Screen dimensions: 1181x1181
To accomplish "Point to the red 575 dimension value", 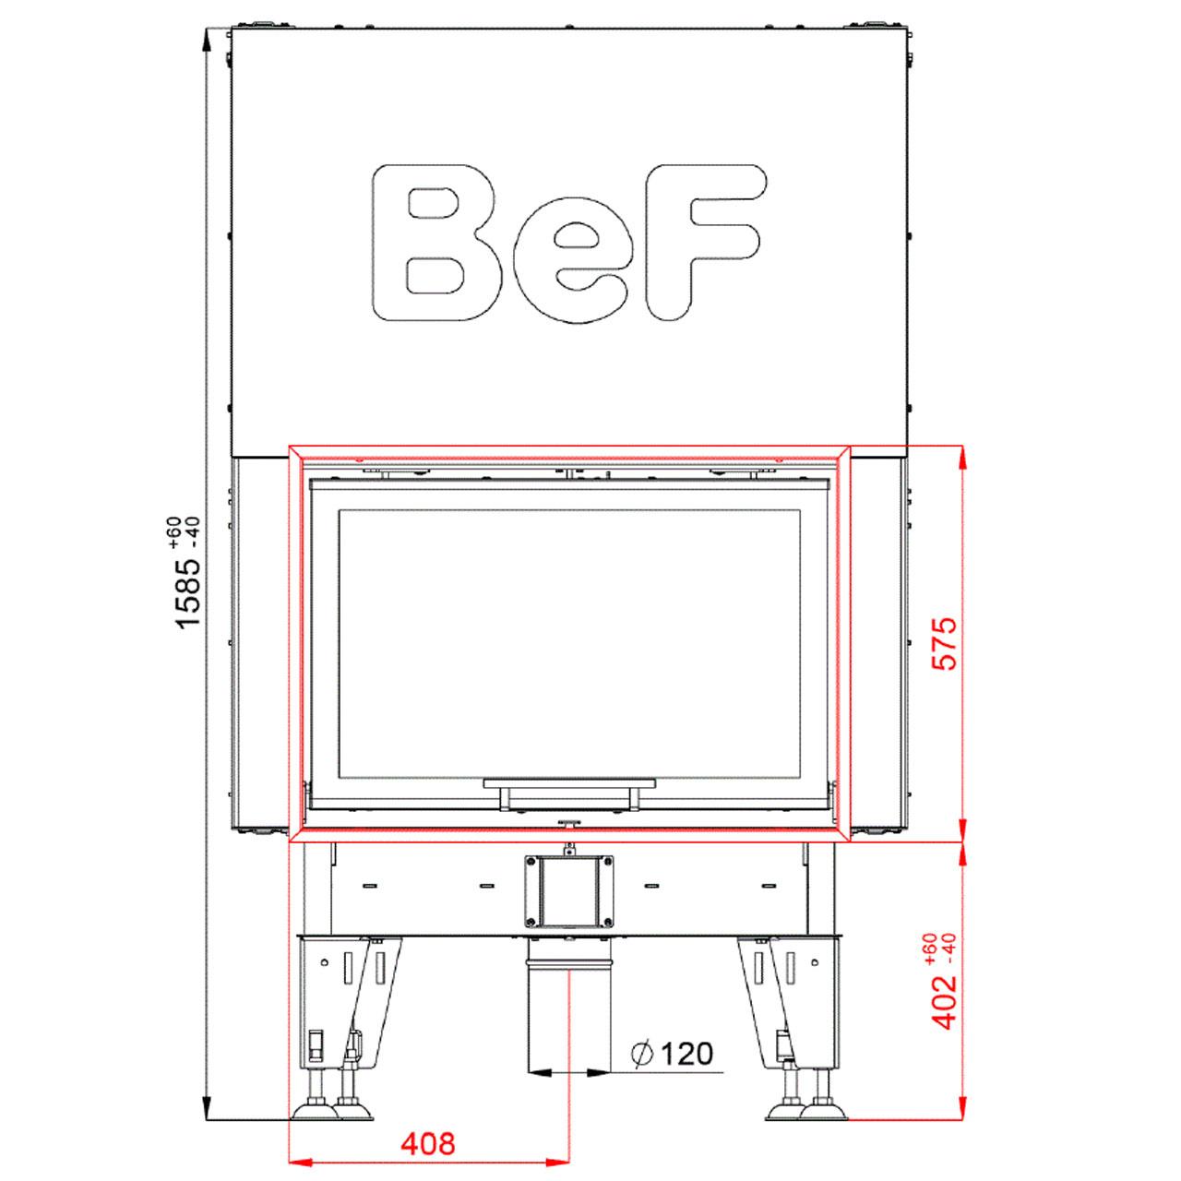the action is pyautogui.click(x=943, y=643).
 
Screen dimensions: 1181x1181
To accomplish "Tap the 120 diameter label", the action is pyautogui.click(x=687, y=1054).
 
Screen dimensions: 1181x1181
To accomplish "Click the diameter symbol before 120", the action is pyautogui.click(x=643, y=1055).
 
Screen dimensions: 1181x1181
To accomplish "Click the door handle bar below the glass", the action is pyautogui.click(x=569, y=783).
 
